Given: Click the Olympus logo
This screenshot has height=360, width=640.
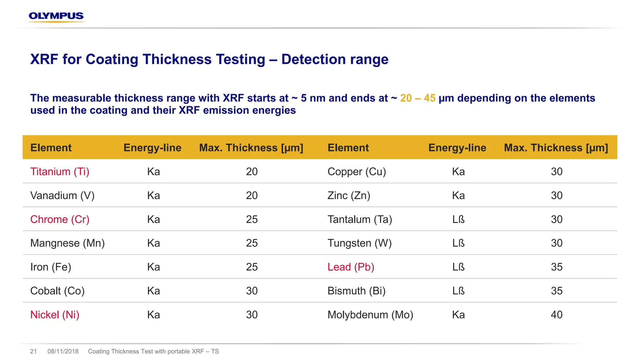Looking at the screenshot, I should point(56,17).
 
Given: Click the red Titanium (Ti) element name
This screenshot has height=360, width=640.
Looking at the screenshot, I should point(60,172).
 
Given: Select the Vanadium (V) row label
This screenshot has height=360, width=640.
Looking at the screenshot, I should point(62,196).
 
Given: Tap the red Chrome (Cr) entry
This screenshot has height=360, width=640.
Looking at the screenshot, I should point(60,219).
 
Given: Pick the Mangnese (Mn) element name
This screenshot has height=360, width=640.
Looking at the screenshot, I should point(67,243).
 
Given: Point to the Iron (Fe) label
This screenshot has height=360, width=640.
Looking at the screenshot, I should point(51,267).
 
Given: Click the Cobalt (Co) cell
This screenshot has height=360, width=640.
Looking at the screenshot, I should point(57,291).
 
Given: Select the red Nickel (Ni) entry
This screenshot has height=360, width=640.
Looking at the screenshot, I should point(55,315).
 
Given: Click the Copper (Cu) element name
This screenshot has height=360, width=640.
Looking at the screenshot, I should point(357,172).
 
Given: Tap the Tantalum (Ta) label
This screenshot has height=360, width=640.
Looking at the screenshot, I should point(360,219).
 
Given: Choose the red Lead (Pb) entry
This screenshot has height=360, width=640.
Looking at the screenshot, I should point(351,267).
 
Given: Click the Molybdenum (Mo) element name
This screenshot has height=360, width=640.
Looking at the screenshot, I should point(370,315).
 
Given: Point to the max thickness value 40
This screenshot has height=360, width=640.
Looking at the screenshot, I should point(557,315).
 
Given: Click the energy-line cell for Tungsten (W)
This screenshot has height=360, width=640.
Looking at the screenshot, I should point(458,243).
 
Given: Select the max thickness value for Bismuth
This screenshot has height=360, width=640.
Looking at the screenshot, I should point(557,291).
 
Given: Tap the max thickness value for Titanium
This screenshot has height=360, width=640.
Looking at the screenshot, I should point(252,172).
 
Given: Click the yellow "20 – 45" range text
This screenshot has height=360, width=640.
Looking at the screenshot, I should point(418,98).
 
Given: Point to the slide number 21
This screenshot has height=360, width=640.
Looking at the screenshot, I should point(33,351).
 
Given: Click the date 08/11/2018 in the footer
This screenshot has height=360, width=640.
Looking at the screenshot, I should point(63,351).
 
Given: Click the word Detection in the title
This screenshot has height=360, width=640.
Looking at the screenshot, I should point(313,59).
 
